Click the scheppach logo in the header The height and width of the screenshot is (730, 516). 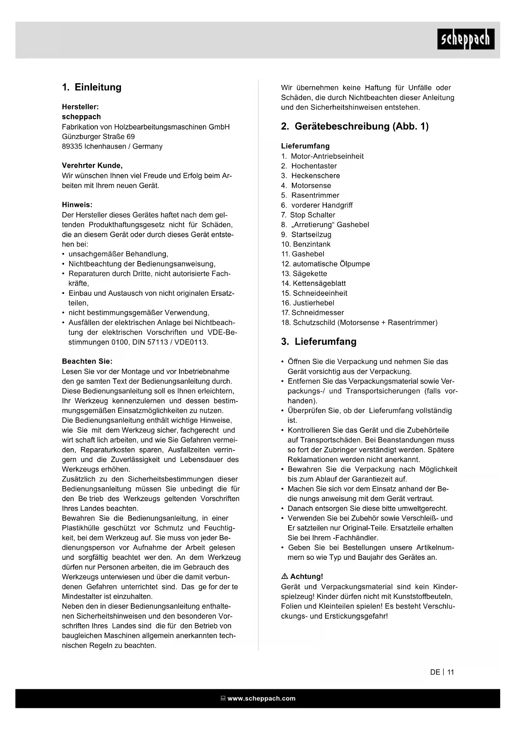[465, 39]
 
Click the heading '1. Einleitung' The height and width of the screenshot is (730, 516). [91, 87]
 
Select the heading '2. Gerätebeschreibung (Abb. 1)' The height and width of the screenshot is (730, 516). [355, 127]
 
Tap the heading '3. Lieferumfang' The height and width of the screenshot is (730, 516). [318, 342]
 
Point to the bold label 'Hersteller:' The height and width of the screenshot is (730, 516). [80, 107]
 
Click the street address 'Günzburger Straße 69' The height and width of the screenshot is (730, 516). [98, 137]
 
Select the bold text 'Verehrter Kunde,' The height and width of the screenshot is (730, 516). [92, 166]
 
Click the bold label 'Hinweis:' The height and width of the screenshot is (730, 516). [77, 205]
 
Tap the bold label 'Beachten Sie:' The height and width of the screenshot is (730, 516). [87, 361]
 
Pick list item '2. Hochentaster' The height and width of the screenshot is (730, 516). [309, 166]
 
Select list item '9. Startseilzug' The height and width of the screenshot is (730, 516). [306, 234]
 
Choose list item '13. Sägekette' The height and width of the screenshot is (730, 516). [304, 273]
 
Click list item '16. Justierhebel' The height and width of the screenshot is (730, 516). [308, 303]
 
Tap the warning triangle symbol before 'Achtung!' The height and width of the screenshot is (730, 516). [285, 576]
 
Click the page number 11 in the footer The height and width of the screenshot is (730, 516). [451, 672]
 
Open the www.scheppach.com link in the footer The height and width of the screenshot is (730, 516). [261, 698]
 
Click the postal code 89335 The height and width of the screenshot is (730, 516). [72, 146]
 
